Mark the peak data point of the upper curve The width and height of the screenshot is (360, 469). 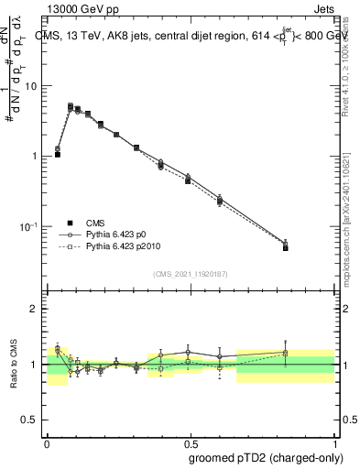coord(71,106)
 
